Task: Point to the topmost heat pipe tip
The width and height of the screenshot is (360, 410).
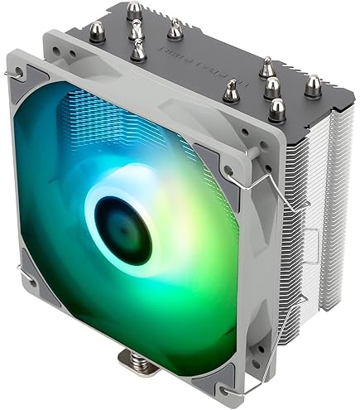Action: (133, 11)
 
